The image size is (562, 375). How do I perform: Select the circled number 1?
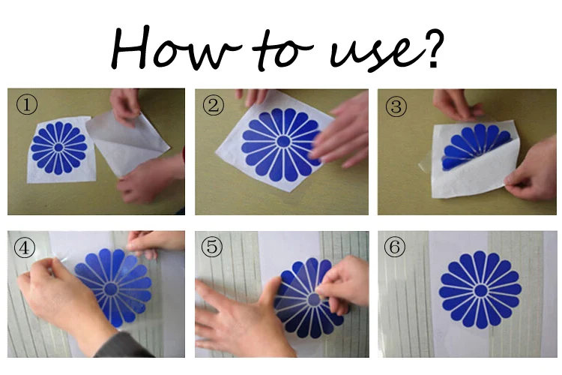(x=26, y=104)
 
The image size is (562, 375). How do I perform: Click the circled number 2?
(x=214, y=105)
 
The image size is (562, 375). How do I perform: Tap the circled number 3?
(x=396, y=106)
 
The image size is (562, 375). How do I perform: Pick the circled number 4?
(x=25, y=247)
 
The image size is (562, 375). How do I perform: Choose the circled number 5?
(x=212, y=247)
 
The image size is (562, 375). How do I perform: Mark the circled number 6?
(x=395, y=247)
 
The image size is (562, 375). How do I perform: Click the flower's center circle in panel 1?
(x=58, y=148)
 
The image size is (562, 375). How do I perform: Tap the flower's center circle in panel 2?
(x=283, y=142)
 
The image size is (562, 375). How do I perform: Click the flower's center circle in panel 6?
(x=480, y=290)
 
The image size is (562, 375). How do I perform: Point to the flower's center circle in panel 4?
(x=110, y=289)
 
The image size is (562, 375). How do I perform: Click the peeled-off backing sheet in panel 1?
(x=127, y=143)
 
